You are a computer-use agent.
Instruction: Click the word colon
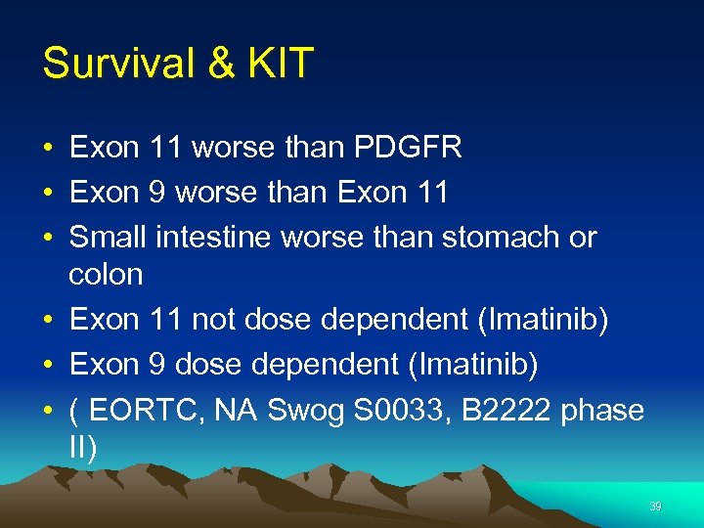click(106, 274)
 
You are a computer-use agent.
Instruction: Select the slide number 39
click(654, 506)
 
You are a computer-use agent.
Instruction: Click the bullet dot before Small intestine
click(48, 238)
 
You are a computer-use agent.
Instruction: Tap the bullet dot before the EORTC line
click(48, 411)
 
